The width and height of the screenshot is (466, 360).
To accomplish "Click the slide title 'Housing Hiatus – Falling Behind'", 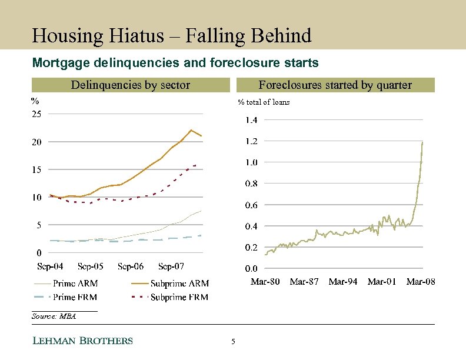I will (171, 36).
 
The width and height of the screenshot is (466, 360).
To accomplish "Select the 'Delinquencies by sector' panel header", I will (130, 85).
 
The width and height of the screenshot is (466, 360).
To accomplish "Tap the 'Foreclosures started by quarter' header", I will (335, 85).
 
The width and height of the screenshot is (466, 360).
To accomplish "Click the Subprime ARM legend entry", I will (179, 284).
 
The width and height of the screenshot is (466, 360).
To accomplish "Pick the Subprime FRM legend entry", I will (179, 297).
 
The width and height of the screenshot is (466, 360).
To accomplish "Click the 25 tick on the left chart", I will (36, 114).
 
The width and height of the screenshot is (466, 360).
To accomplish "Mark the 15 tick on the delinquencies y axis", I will (36, 169).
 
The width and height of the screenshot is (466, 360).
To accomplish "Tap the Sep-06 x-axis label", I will (131, 266).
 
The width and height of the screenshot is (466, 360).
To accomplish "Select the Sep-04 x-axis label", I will (50, 266).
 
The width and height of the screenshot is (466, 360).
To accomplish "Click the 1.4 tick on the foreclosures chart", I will (251, 120).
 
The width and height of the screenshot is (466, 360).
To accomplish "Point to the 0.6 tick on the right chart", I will (251, 205).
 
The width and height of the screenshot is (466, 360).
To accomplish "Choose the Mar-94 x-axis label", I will (343, 282).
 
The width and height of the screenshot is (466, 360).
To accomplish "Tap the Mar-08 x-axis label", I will (421, 282).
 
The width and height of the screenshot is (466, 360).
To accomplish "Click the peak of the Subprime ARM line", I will (191, 130).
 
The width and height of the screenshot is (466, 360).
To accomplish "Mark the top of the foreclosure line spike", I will (422, 142).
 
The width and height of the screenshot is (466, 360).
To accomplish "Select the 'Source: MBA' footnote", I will (54, 316).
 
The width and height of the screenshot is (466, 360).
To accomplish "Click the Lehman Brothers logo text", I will (82, 341).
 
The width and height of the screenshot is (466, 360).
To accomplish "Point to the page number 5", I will (233, 342).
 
